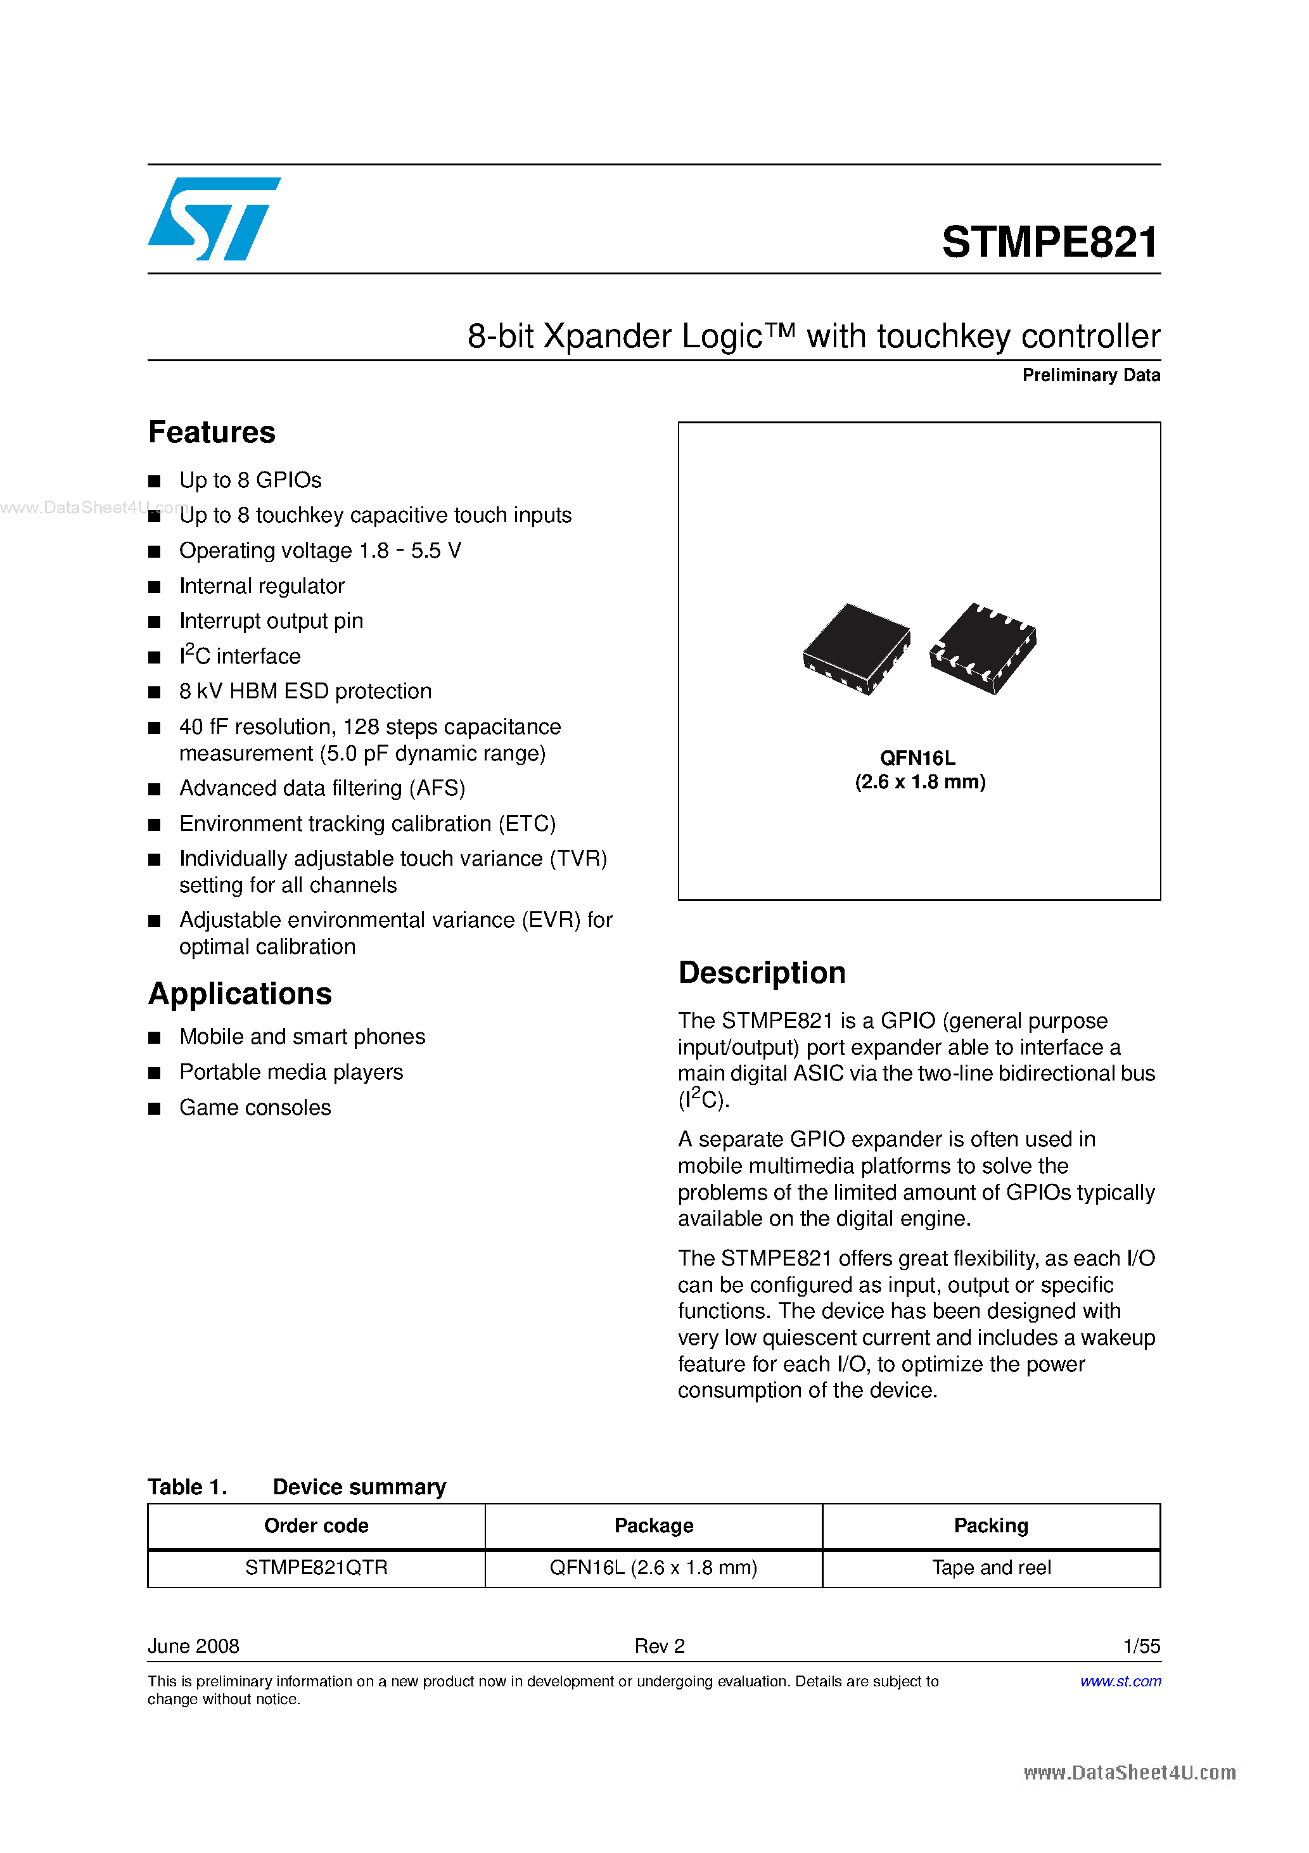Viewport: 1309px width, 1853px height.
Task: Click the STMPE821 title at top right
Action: (x=1050, y=242)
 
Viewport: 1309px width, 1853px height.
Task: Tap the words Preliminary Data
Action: (x=1090, y=375)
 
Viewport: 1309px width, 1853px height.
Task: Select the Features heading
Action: (x=212, y=433)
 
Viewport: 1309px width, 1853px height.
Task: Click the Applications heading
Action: (x=239, y=994)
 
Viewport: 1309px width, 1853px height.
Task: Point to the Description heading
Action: (x=761, y=973)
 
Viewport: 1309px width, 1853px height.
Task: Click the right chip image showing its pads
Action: (x=983, y=647)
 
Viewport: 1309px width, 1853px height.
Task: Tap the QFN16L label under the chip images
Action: (x=917, y=758)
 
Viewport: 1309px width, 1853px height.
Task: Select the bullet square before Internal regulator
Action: (x=154, y=587)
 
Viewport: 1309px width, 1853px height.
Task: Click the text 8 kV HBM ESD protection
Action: (x=305, y=691)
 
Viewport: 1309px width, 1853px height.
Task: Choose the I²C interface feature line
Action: (x=239, y=656)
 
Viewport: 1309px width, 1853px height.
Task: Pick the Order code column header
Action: (x=316, y=1525)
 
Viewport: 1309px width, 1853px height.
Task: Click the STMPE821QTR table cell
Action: (x=316, y=1567)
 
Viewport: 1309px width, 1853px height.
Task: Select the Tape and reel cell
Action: (x=991, y=1567)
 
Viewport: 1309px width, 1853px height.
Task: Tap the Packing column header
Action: (x=991, y=1525)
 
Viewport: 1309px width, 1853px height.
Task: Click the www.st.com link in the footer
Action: (x=1120, y=1681)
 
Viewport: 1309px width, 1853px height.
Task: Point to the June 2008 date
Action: (x=194, y=1646)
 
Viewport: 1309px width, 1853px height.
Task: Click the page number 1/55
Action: (x=1141, y=1646)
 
